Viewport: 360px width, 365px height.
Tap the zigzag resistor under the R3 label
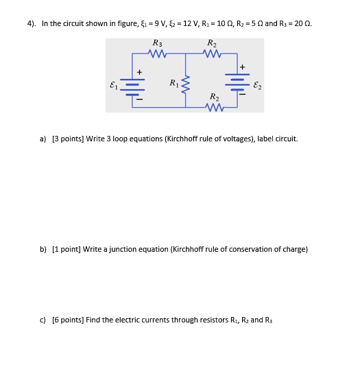(x=158, y=53)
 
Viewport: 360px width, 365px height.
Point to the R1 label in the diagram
(x=173, y=84)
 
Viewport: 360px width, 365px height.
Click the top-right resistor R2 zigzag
(x=213, y=53)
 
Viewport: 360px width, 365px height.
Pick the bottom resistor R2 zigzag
(x=215, y=106)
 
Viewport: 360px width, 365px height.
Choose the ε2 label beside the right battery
(x=256, y=86)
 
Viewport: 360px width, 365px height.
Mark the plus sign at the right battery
(x=243, y=67)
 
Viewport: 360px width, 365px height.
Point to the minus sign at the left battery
(x=140, y=100)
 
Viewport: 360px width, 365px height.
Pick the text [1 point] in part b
(x=67, y=249)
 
